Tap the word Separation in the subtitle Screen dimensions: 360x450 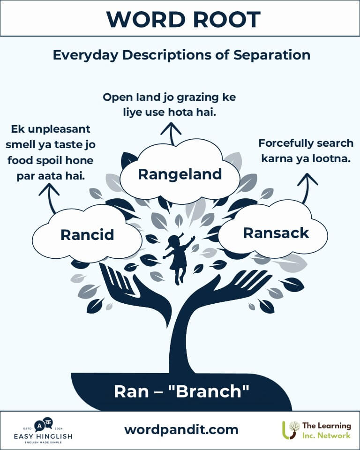(x=271, y=55)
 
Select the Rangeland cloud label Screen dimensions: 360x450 (x=180, y=174)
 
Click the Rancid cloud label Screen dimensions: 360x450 (x=87, y=235)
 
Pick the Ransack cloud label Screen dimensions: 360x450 (x=276, y=233)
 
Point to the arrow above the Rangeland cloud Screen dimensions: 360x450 (x=171, y=134)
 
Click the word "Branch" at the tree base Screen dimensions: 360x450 (x=213, y=391)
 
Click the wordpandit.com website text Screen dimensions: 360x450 (x=181, y=430)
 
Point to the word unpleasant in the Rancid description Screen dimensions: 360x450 (x=60, y=129)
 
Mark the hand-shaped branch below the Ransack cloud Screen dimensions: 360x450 (x=230, y=290)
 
